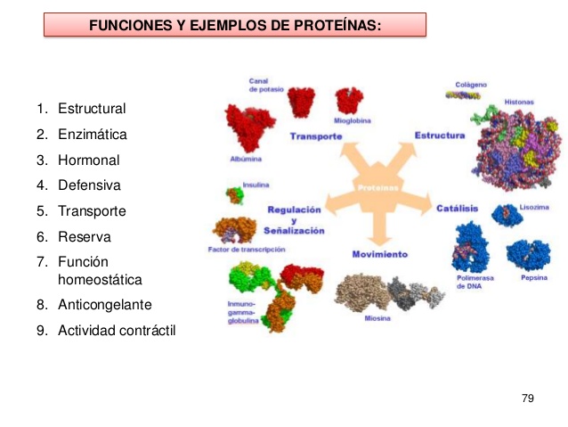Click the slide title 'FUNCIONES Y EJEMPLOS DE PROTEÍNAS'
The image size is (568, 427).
tap(235, 25)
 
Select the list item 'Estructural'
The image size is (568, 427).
tap(92, 109)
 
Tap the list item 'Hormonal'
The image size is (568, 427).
tap(88, 160)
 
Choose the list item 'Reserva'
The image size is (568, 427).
tap(84, 237)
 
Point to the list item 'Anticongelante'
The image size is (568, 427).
tap(104, 304)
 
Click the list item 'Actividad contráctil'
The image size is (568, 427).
tap(117, 330)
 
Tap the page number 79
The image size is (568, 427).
tap(527, 397)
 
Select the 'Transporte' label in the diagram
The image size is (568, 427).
tap(316, 136)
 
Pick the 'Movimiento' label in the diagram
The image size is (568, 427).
tap(379, 254)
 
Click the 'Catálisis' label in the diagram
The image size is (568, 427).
tap(457, 208)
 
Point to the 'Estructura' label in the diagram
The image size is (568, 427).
tap(439, 135)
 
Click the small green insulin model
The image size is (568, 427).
tap(234, 194)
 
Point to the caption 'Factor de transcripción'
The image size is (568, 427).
tap(240, 250)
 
